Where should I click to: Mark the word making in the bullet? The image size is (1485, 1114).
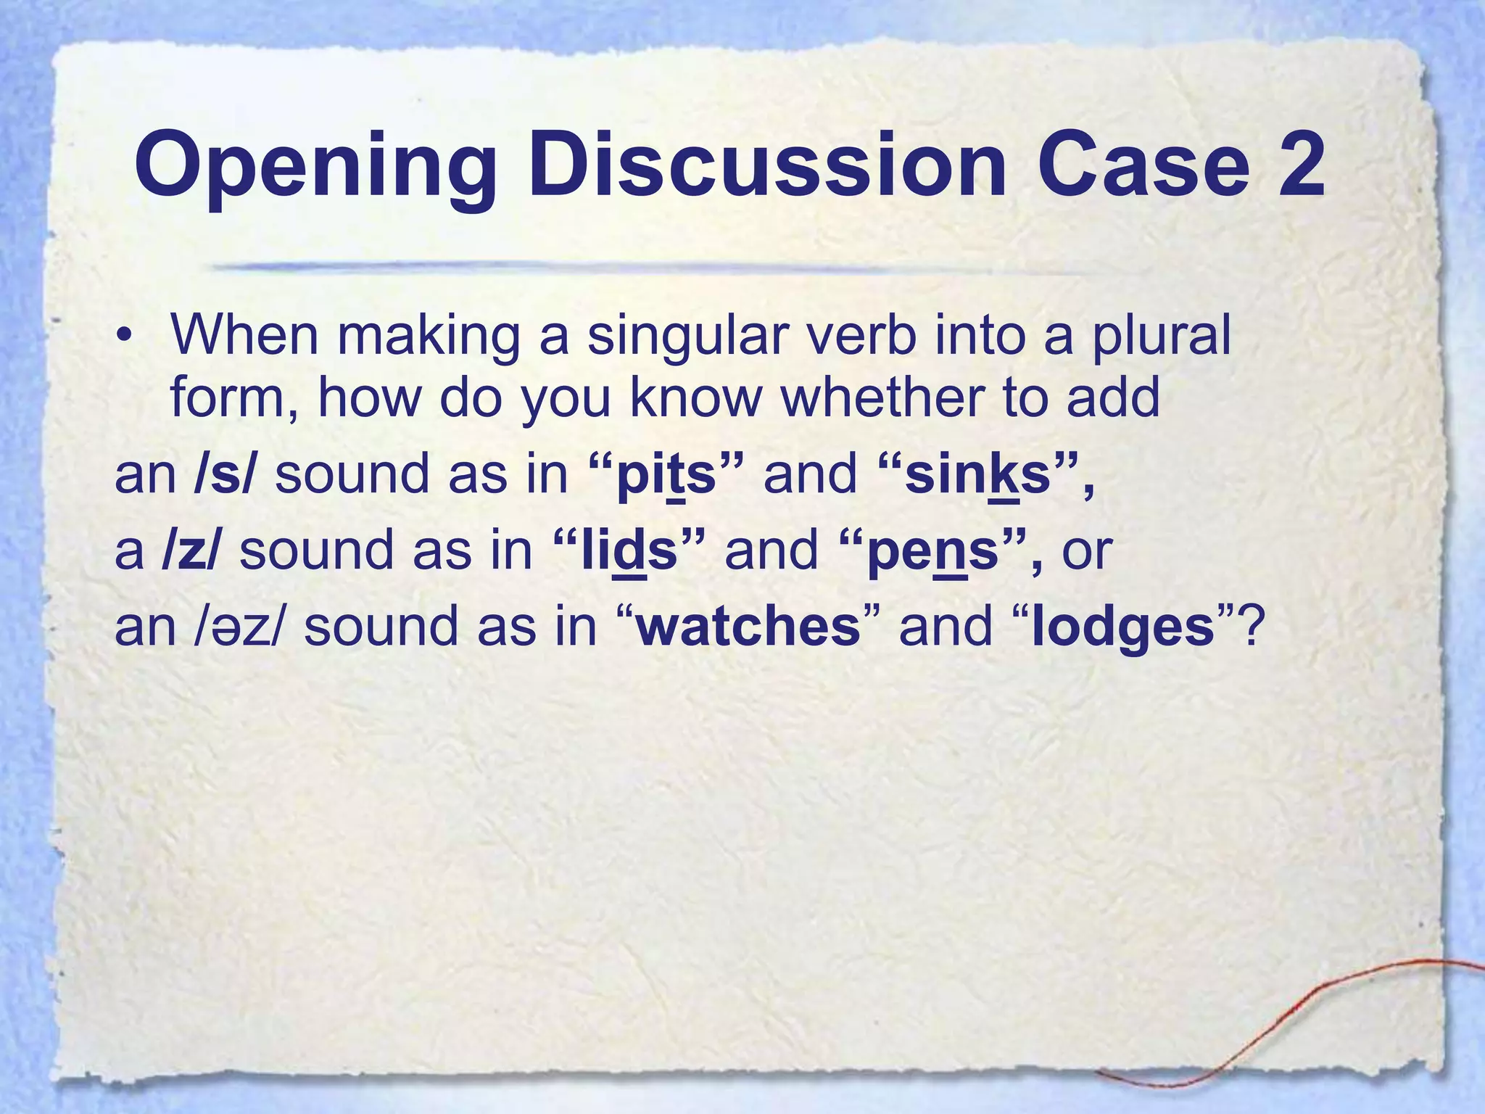pos(429,337)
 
